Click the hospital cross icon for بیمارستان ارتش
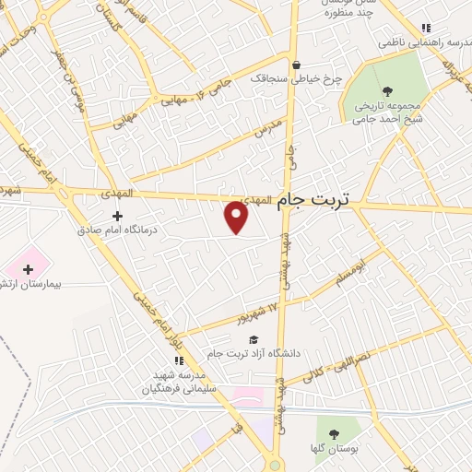coord(29,270)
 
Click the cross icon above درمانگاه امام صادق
coord(117,216)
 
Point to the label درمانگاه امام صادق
coord(113,230)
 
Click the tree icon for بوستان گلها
coord(334,434)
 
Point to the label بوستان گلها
coord(335,448)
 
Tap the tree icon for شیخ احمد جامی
coord(385,90)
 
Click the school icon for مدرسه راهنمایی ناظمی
coord(426,29)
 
